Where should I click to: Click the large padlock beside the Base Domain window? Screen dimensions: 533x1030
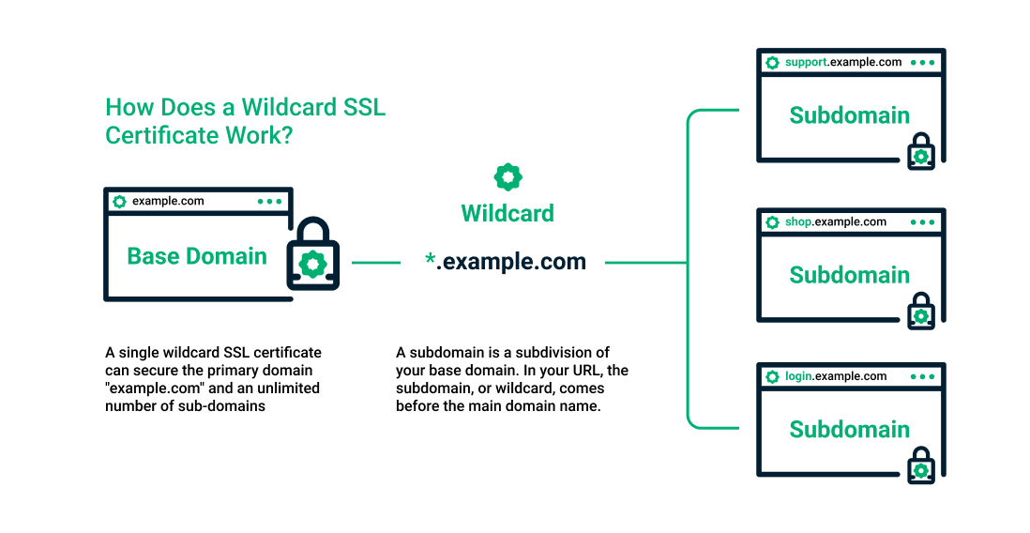[312, 256]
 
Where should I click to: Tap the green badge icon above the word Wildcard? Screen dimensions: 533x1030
[507, 176]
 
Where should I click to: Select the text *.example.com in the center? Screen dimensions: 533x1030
[506, 262]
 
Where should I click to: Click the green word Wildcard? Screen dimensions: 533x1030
[507, 213]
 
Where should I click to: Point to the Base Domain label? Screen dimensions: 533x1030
[197, 256]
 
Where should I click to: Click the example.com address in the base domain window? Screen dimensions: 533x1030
[168, 201]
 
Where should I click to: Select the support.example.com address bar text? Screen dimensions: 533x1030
[843, 62]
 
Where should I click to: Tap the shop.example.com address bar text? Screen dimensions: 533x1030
[835, 221]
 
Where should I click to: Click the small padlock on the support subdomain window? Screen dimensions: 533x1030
[921, 153]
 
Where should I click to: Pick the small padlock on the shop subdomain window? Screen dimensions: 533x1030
[921, 312]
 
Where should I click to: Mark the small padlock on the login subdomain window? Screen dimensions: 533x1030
[921, 466]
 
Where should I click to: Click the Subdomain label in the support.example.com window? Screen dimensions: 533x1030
[849, 115]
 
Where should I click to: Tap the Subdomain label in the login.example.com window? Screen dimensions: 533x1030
[849, 429]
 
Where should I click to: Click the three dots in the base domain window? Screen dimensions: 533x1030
[269, 201]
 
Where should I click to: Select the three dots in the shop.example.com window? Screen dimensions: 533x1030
[922, 222]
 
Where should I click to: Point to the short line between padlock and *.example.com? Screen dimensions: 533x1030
[375, 263]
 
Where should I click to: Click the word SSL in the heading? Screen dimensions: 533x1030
[363, 107]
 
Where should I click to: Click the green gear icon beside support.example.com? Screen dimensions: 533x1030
[772, 63]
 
